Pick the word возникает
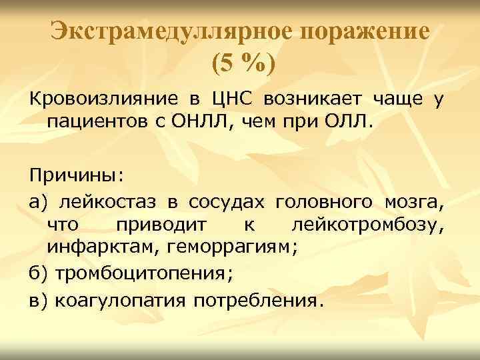point(313,100)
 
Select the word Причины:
point(76,175)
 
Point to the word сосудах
point(227,203)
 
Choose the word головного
point(323,203)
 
